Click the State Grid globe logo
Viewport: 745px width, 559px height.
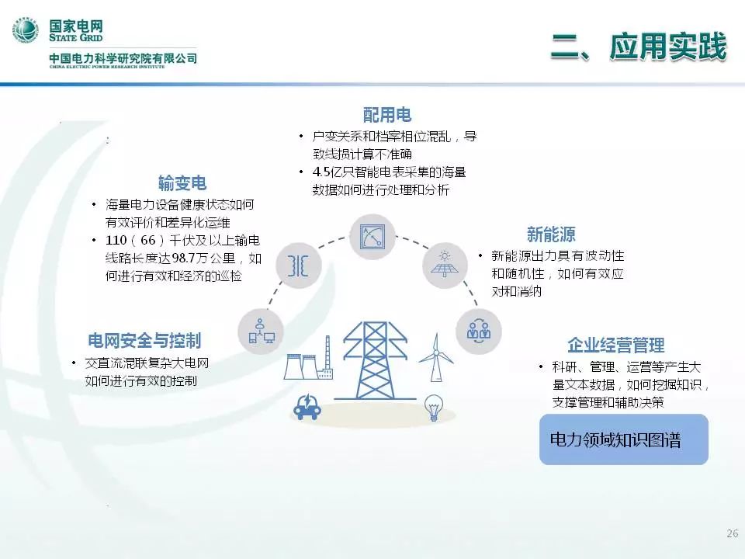click(26, 30)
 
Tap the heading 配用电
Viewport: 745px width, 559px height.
click(387, 115)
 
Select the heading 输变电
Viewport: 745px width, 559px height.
click(182, 183)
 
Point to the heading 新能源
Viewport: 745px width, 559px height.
click(551, 234)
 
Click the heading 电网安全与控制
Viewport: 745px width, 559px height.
click(144, 340)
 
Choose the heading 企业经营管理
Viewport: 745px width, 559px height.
click(615, 345)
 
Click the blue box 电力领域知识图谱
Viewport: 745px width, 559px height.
click(624, 439)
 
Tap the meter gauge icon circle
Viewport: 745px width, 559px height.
click(372, 237)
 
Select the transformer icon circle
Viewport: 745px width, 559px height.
click(298, 266)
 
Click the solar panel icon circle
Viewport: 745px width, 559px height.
click(445, 264)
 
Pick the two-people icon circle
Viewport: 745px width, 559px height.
click(479, 331)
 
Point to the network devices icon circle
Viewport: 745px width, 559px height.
click(261, 332)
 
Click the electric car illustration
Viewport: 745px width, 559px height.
click(307, 406)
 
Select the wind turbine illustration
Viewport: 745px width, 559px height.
click(435, 357)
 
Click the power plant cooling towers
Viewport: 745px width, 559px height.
click(308, 361)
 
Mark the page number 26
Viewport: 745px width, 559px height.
click(732, 533)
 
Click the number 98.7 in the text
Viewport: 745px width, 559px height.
click(182, 258)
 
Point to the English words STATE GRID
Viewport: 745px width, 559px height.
click(75, 37)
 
